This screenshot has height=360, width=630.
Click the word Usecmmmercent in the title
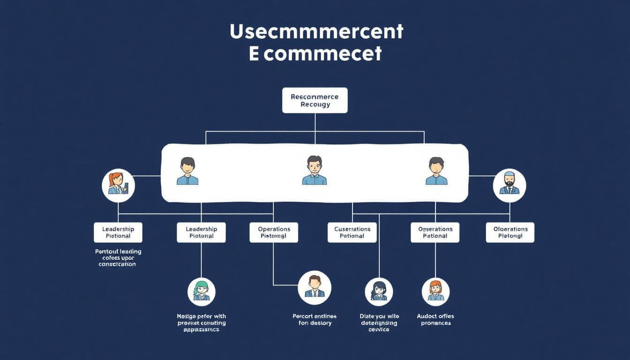pyautogui.click(x=316, y=31)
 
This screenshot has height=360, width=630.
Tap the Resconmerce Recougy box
pyautogui.click(x=315, y=100)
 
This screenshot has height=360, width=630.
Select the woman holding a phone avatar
pyautogui.click(x=118, y=186)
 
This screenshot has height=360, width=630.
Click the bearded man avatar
pyautogui.click(x=510, y=186)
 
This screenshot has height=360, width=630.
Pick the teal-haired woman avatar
pyautogui.click(x=201, y=292)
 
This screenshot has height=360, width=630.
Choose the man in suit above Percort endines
pyautogui.click(x=315, y=287)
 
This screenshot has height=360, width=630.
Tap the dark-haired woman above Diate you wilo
pyautogui.click(x=379, y=292)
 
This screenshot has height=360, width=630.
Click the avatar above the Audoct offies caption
pyautogui.click(x=435, y=292)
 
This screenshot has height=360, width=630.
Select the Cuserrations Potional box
pyautogui.click(x=352, y=232)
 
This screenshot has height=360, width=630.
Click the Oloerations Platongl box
pyautogui.click(x=510, y=232)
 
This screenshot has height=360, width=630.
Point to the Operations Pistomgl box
pyautogui.click(x=274, y=232)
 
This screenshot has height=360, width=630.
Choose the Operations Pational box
pyautogui.click(x=435, y=232)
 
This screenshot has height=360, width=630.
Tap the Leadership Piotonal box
pyautogui.click(x=201, y=232)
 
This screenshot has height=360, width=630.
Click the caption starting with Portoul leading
pyautogui.click(x=118, y=258)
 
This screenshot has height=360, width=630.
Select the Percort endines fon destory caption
pyautogui.click(x=315, y=319)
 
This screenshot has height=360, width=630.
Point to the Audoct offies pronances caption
pyautogui.click(x=435, y=319)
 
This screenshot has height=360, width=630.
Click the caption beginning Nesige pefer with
pyautogui.click(x=201, y=322)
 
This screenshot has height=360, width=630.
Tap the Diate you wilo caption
pyautogui.click(x=379, y=322)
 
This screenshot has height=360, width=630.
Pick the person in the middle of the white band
pyautogui.click(x=315, y=171)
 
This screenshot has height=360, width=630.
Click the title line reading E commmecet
pyautogui.click(x=315, y=54)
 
